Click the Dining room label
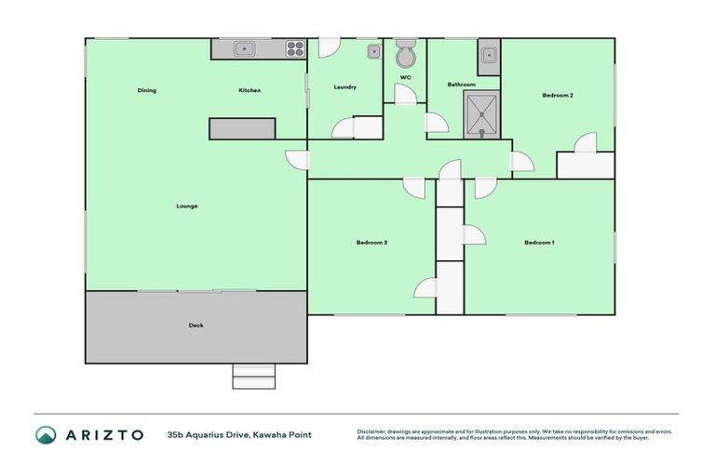[x=147, y=90]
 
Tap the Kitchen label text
[x=250, y=90]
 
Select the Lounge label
[x=187, y=205]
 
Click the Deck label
[x=196, y=325]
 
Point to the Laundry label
[x=345, y=87]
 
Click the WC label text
[x=406, y=76]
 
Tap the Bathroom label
[x=462, y=85]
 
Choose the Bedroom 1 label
[x=540, y=243]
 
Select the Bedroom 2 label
[x=558, y=95]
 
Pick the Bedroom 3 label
[x=371, y=243]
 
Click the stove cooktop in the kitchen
[x=295, y=49]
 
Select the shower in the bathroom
[x=482, y=114]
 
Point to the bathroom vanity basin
[x=489, y=56]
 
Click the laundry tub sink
[x=372, y=51]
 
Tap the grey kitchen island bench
[x=242, y=129]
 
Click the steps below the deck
[x=253, y=376]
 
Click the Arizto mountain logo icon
[x=47, y=434]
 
